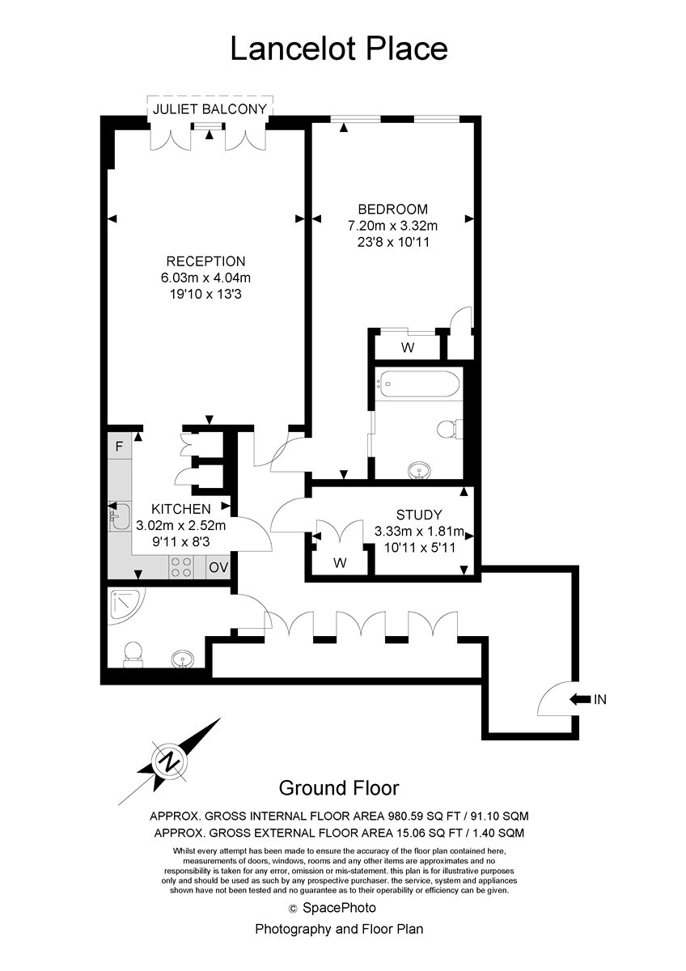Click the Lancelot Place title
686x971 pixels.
point(338,49)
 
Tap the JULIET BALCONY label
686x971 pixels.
point(210,108)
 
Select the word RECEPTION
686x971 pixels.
point(205,261)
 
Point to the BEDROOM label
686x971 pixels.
point(392,210)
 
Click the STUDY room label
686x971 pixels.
point(419,515)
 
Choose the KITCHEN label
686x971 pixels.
point(180,509)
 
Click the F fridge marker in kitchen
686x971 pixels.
point(119,446)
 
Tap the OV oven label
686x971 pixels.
point(218,567)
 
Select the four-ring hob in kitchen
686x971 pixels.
point(181,567)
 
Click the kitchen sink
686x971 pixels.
point(119,517)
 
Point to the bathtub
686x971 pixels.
point(416,384)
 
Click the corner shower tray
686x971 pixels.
point(125,606)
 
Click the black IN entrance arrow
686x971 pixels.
point(580,699)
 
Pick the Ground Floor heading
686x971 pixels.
point(338,787)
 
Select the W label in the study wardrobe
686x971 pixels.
point(340,562)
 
